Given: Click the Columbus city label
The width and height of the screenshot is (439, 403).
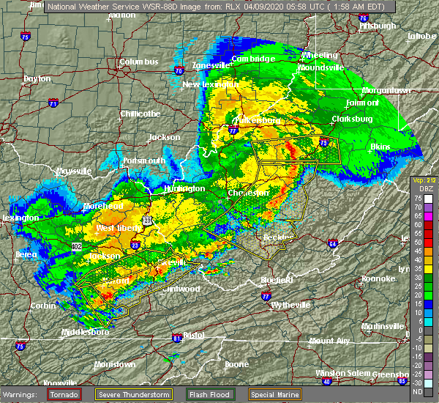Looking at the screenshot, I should (139, 62).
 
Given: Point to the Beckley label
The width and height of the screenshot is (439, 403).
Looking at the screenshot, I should (278, 237).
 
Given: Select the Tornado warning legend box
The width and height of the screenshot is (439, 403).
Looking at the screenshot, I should (64, 393).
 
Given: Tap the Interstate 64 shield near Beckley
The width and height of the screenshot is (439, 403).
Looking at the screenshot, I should (332, 244).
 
